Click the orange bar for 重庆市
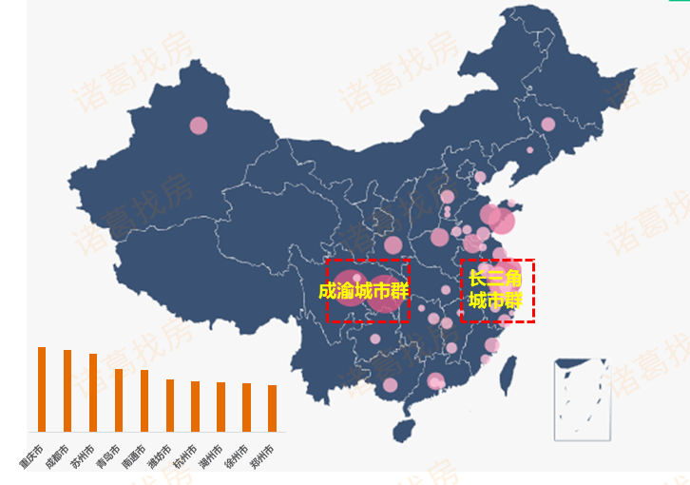42,389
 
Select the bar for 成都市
67,391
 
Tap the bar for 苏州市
93,393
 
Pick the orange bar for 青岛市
119,400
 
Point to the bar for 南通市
144,400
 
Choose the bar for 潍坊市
170,405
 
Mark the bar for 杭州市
195,406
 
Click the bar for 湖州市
220,407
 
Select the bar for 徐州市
246,407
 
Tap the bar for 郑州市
272,408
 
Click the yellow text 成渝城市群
363,291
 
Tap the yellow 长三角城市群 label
495,290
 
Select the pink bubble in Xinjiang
198,125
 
